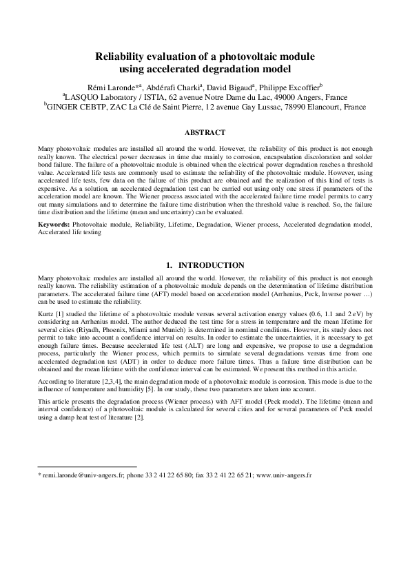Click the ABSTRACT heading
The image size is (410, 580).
[205, 131]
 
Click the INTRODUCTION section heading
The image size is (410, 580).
[212, 265]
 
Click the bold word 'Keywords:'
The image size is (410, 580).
[54, 225]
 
